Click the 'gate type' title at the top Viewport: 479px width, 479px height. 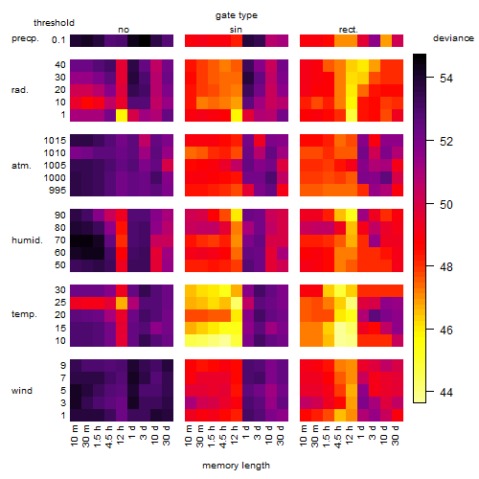[237, 15]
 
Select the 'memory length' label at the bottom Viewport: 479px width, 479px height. [236, 466]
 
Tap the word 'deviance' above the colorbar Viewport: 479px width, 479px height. [453, 38]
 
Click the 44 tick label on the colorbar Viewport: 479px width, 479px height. [446, 392]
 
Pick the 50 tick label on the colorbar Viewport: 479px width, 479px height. [446, 204]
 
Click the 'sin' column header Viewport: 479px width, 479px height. [236, 30]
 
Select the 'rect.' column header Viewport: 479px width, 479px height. [349, 30]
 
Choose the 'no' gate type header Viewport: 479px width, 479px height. [124, 30]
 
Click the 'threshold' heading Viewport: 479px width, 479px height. [54, 23]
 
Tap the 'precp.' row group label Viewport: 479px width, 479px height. [25, 38]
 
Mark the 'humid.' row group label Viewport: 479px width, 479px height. [27, 239]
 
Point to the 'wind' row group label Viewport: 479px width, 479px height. [22, 391]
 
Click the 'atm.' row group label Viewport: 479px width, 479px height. [21, 166]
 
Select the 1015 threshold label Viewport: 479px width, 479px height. [55, 140]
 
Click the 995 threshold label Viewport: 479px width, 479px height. [57, 190]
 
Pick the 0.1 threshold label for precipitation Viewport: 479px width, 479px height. [58, 40]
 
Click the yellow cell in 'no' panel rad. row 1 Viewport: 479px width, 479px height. [122, 115]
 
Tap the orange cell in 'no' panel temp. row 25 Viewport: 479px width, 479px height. [122, 303]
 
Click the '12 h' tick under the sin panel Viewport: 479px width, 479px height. [236, 435]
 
